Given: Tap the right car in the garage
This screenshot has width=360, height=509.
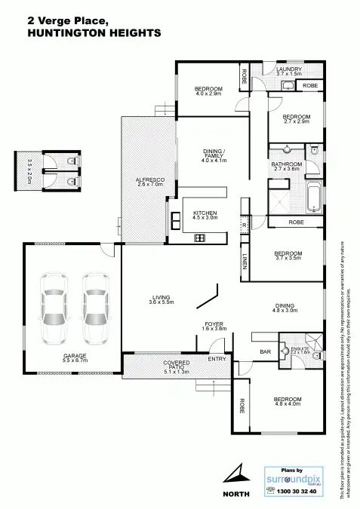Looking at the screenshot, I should point(95,306).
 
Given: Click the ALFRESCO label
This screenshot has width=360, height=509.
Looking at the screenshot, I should point(149,180).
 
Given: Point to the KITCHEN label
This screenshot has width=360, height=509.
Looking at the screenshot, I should point(205,212).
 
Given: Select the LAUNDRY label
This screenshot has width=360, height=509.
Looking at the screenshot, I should point(289,69).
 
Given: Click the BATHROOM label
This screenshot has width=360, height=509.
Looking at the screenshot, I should point(287,164).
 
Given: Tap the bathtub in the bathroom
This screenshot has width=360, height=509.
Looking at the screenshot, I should point(313,198).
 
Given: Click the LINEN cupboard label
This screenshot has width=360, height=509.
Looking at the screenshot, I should point(245,261).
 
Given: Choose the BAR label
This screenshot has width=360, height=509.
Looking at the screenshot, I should point(265,351).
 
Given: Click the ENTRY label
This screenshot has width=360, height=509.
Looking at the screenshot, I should point(217,358).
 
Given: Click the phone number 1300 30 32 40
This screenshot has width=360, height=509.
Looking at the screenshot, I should point(297,492).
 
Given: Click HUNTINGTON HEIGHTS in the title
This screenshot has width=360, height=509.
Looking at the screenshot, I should point(94,33).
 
